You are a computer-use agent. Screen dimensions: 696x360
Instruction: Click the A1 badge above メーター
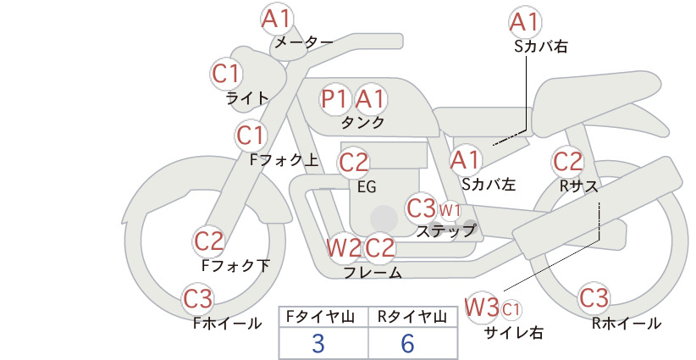pyautogui.click(x=276, y=19)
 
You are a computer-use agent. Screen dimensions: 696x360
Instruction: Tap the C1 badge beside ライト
pyautogui.click(x=226, y=74)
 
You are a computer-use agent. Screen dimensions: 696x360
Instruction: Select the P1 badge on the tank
pyautogui.click(x=334, y=98)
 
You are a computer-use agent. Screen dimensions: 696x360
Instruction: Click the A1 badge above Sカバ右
pyautogui.click(x=525, y=22)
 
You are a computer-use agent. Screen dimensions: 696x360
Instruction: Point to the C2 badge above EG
pyautogui.click(x=353, y=163)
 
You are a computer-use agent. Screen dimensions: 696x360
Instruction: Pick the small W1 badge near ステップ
pyautogui.click(x=450, y=210)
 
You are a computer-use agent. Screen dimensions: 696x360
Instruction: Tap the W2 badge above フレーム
pyautogui.click(x=344, y=247)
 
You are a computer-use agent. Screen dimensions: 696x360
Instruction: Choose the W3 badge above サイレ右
pyautogui.click(x=482, y=307)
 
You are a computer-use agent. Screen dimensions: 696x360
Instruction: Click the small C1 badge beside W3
pyautogui.click(x=511, y=309)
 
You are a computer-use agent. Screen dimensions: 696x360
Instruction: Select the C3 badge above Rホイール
pyautogui.click(x=594, y=298)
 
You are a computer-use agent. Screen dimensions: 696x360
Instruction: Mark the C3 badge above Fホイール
pyautogui.click(x=198, y=299)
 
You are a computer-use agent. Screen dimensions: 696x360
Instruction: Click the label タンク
pyautogui.click(x=362, y=122)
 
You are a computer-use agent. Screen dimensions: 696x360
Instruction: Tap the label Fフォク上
pyautogui.click(x=284, y=160)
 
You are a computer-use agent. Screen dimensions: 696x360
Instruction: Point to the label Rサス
pyautogui.click(x=578, y=186)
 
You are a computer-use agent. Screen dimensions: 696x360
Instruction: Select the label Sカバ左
pyautogui.click(x=489, y=184)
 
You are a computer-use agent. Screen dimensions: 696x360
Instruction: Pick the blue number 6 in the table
pyautogui.click(x=407, y=343)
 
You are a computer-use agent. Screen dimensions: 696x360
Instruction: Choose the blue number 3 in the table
pyautogui.click(x=318, y=343)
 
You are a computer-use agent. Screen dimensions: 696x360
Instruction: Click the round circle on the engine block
pyautogui.click(x=384, y=219)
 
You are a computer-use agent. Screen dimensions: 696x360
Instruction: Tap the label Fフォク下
pyautogui.click(x=235, y=265)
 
